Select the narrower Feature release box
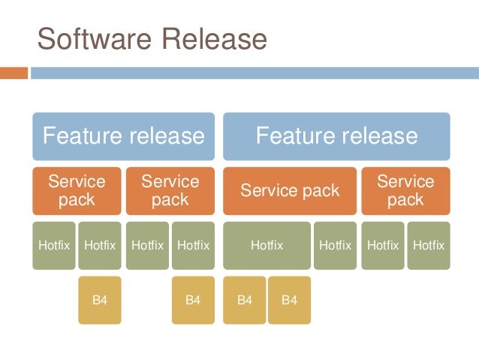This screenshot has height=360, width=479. (123, 136)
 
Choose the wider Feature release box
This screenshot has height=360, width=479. (336, 136)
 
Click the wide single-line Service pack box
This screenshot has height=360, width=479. (290, 191)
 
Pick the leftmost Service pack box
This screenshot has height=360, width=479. (76, 191)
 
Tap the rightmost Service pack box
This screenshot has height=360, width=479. (405, 191)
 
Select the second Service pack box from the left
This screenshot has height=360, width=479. (170, 191)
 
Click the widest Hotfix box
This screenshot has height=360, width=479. (267, 245)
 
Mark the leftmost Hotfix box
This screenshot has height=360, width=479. (53, 245)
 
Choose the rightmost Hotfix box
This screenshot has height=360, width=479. (428, 245)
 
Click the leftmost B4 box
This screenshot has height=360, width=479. (100, 300)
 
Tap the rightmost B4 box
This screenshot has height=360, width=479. (289, 300)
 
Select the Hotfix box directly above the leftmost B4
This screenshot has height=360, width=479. (100, 245)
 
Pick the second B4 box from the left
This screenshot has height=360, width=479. (193, 300)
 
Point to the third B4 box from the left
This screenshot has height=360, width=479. (244, 300)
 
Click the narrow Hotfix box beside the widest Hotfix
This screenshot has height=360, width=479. (335, 245)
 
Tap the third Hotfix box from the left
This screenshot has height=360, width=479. (147, 245)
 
